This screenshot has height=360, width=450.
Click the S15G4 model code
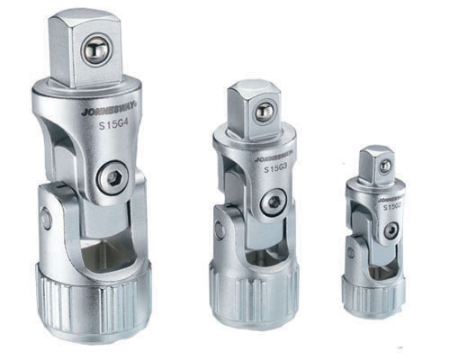tap(112, 128)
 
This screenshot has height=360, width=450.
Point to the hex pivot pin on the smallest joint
tap(389, 231)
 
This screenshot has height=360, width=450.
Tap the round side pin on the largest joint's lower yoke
tap(45, 219)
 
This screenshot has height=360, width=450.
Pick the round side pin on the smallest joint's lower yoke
tap(351, 253)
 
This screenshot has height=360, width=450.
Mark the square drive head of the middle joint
tap(254, 109)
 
